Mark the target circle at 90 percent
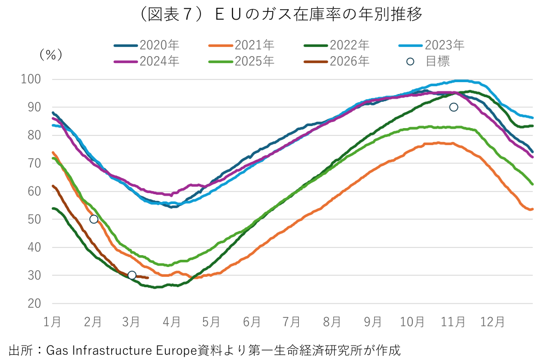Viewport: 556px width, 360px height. (454, 107)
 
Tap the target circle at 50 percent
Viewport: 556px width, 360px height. (94, 219)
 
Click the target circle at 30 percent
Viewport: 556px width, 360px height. (132, 275)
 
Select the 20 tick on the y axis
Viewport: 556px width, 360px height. (35, 303)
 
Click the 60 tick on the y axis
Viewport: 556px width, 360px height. (35, 191)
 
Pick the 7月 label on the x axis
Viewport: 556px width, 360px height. (292, 322)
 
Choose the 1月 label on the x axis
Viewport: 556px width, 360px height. (52, 322)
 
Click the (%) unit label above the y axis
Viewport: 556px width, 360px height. (51, 54)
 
